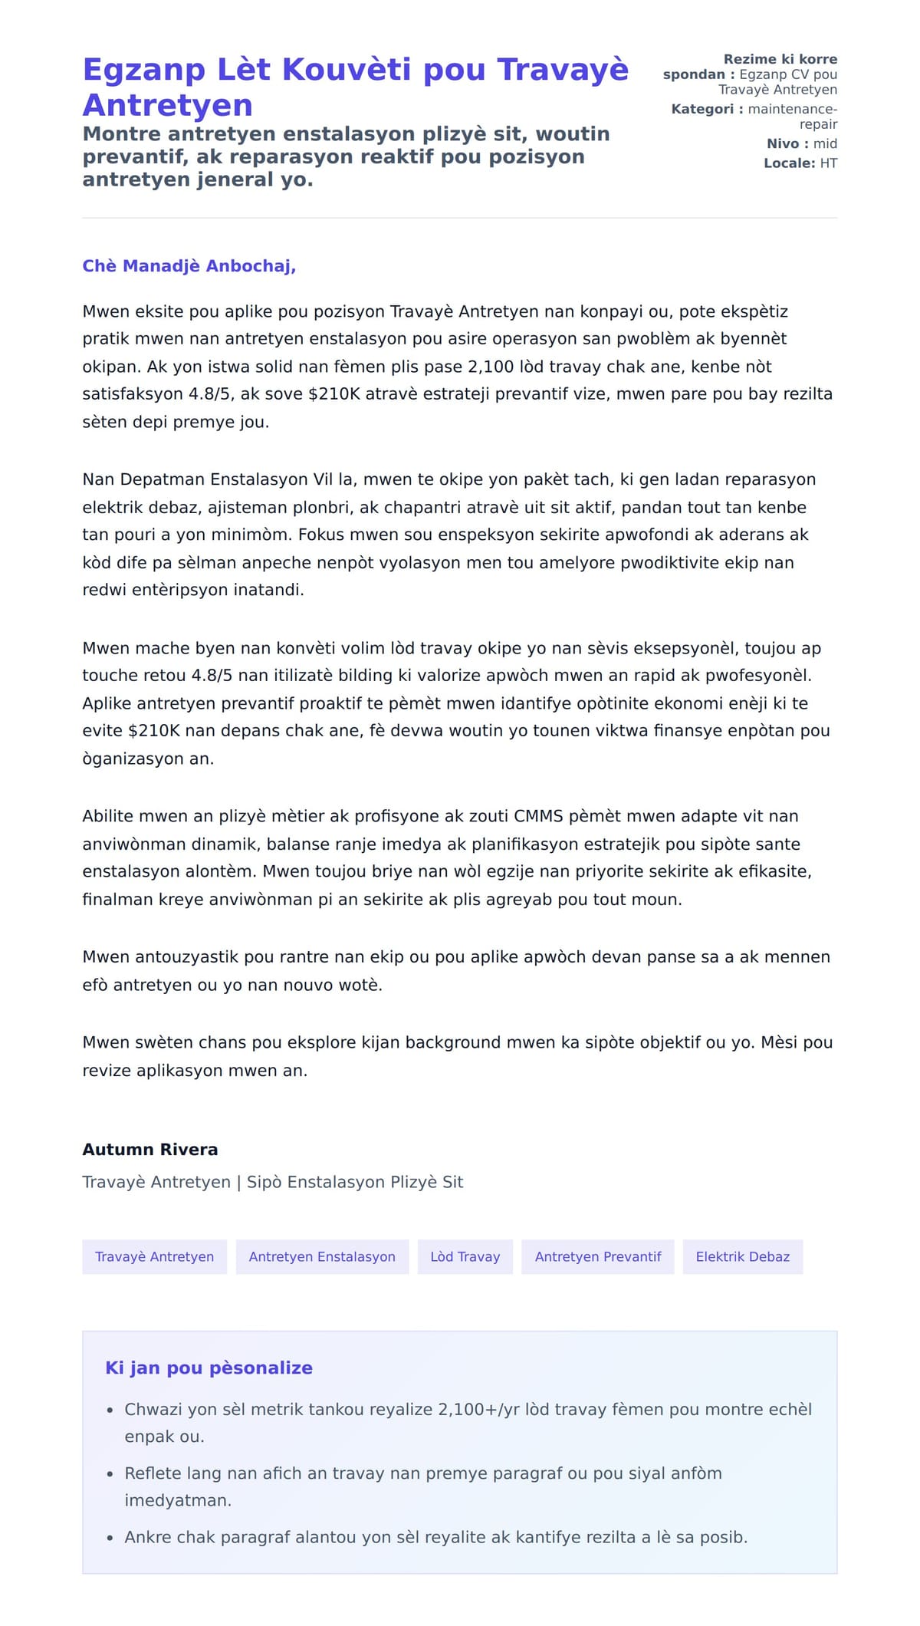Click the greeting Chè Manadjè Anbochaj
[x=189, y=266]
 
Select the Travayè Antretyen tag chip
[x=154, y=1256]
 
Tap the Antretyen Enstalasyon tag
[x=322, y=1256]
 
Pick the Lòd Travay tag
[x=465, y=1256]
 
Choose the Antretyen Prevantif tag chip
[x=597, y=1256]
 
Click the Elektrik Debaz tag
[x=742, y=1256]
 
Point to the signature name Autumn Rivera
[x=150, y=1149]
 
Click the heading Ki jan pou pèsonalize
[x=209, y=1368]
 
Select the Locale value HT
[x=828, y=163]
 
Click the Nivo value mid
[x=825, y=143]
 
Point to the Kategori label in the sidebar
[x=702, y=109]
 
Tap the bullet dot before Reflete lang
[x=110, y=1474]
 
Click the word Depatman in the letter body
[x=163, y=479]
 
